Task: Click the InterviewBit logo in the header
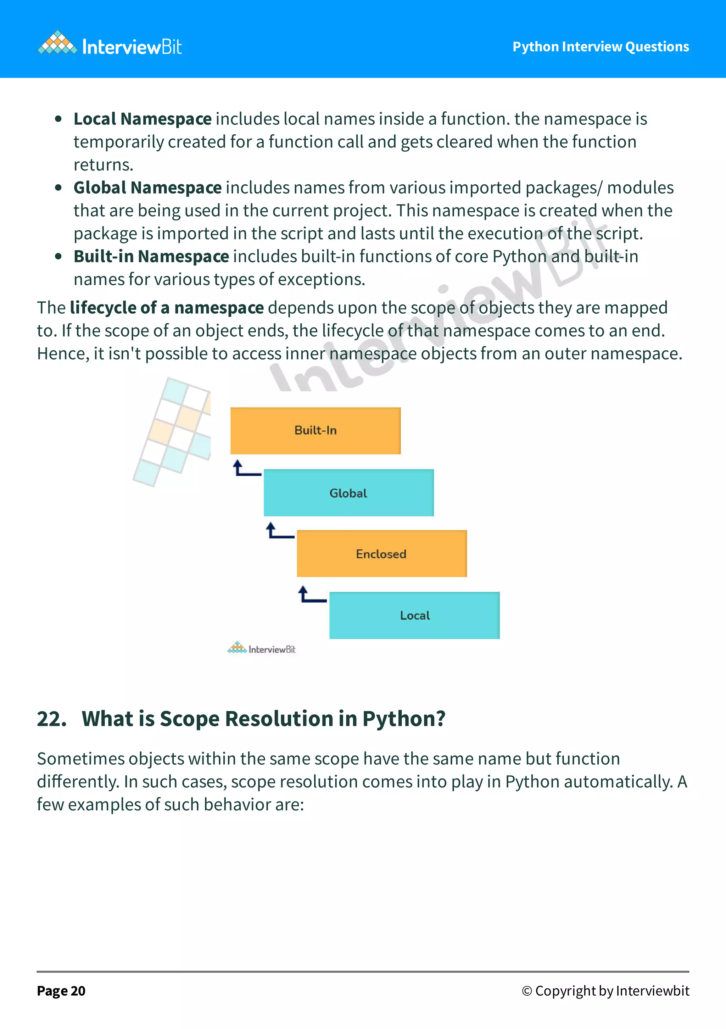pyautogui.click(x=110, y=46)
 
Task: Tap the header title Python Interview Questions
pyautogui.click(x=601, y=46)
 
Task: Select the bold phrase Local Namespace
pyautogui.click(x=143, y=119)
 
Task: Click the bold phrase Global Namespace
pyautogui.click(x=147, y=188)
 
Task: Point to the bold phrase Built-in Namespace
pyautogui.click(x=151, y=256)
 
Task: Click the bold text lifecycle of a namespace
pyautogui.click(x=167, y=308)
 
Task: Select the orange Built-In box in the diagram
pyautogui.click(x=315, y=431)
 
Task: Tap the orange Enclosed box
pyautogui.click(x=381, y=554)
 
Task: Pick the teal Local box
pyautogui.click(x=414, y=615)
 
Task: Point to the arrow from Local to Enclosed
pyautogui.click(x=311, y=595)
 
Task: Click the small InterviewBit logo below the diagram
pyautogui.click(x=262, y=649)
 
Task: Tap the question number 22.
pyautogui.click(x=51, y=719)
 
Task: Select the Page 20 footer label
pyautogui.click(x=61, y=991)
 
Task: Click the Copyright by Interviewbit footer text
pyautogui.click(x=605, y=991)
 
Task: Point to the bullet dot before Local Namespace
pyautogui.click(x=58, y=119)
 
